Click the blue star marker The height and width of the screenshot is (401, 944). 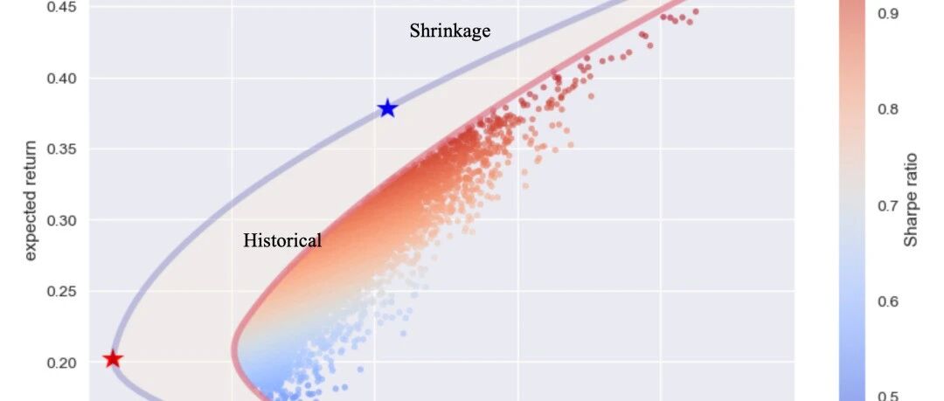pos(388,108)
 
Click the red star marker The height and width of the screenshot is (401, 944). pos(113,359)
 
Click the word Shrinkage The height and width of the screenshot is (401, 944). pos(450,31)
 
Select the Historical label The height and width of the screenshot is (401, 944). pos(282,240)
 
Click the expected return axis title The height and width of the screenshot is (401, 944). pos(30,201)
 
